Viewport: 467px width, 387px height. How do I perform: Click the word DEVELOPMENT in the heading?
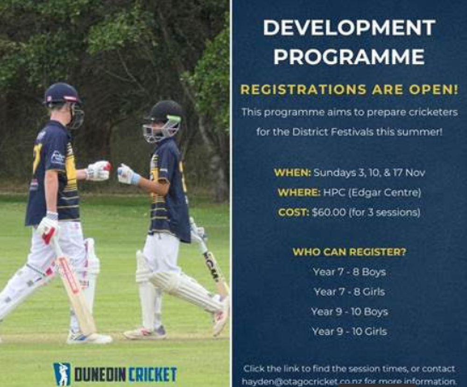[349, 28]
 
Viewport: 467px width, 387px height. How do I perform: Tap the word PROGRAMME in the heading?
[349, 56]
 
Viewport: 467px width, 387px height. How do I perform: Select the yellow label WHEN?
[292, 172]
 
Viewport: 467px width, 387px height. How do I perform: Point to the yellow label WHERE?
[299, 193]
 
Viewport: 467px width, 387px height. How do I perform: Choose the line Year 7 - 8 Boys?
[349, 272]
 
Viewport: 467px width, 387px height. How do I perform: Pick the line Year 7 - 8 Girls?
[349, 292]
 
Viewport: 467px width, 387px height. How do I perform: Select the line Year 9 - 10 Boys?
[349, 312]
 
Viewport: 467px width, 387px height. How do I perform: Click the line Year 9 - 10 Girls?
[349, 331]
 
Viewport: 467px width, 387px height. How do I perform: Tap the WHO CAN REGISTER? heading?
[349, 252]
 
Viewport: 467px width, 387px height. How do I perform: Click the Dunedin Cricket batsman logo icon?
[62, 374]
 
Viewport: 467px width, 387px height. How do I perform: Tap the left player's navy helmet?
[63, 95]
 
